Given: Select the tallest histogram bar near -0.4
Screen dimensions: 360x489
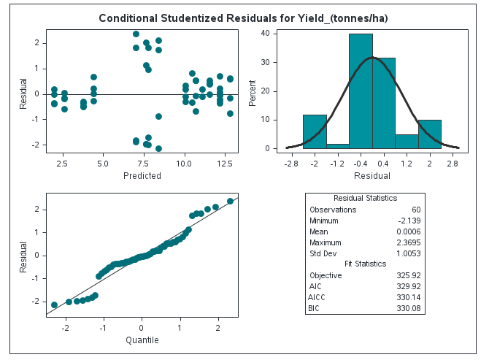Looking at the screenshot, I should click(361, 91).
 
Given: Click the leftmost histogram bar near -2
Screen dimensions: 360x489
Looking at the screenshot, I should click(315, 131).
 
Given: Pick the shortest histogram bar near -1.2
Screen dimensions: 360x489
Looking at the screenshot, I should click(338, 146).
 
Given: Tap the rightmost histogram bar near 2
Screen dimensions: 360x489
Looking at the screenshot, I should click(430, 134).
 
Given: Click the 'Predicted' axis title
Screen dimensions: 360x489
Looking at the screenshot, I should click(142, 175).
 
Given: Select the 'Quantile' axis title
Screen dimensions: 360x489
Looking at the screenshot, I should click(142, 340).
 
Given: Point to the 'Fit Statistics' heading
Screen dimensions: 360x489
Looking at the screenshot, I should click(365, 264).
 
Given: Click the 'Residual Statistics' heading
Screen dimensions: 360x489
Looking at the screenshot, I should click(365, 199).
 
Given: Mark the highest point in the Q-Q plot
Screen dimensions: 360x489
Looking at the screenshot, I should click(230, 201).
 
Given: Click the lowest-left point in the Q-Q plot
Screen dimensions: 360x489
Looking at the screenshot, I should click(54, 305).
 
